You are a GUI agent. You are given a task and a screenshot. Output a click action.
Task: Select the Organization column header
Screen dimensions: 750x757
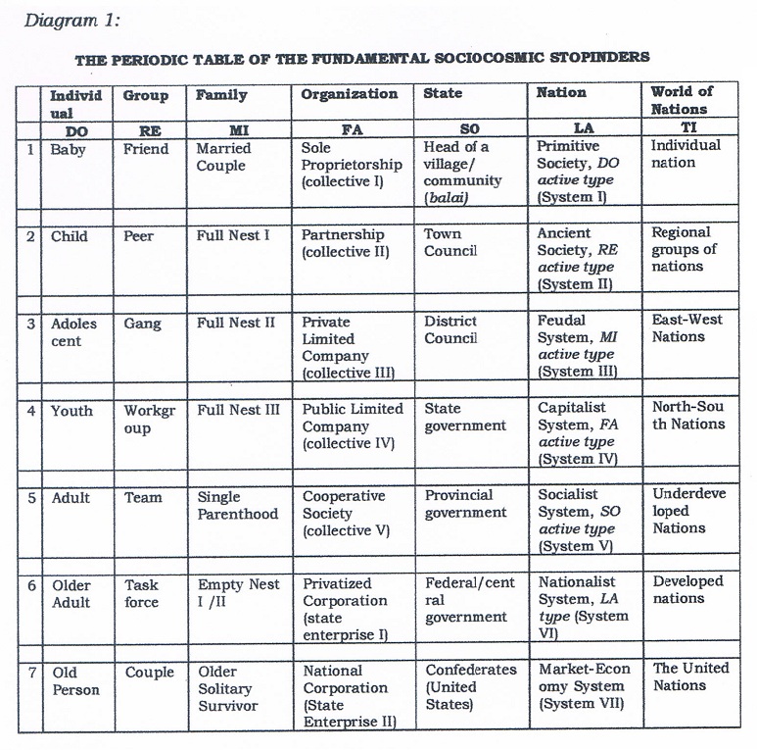349,94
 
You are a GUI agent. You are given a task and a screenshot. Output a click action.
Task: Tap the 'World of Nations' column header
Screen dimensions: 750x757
682,100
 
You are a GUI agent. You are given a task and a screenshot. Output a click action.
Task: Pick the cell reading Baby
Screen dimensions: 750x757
69,149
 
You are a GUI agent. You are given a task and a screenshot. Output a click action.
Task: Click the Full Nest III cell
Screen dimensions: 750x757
238,410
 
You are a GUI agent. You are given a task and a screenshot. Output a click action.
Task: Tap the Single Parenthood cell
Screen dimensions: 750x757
237,505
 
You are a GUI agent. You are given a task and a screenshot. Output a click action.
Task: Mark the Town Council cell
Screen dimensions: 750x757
450,243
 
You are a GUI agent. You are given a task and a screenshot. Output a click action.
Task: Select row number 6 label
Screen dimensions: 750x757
31,584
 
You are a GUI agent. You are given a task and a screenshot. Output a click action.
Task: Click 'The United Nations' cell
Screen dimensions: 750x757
690,676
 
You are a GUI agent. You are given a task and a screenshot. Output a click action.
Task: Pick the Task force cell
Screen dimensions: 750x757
142,593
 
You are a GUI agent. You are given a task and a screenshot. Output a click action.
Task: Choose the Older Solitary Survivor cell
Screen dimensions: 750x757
228,688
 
